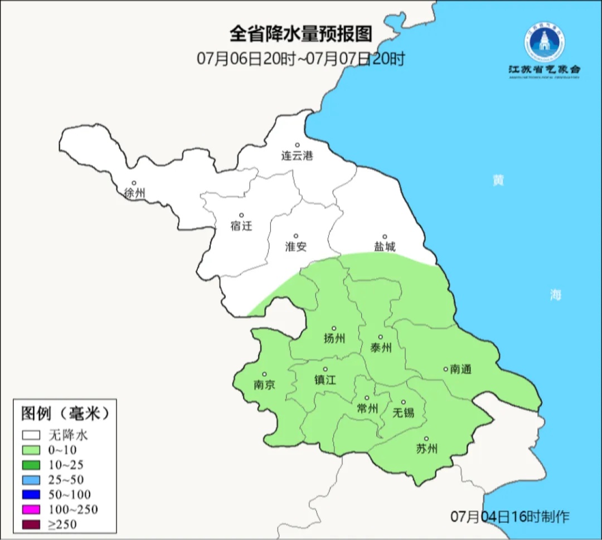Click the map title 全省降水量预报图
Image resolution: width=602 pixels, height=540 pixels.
tap(300, 34)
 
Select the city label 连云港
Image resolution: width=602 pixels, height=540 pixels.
tap(297, 156)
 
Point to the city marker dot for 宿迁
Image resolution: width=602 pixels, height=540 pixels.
tap(241, 215)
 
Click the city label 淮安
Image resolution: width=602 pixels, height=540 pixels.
tap(296, 247)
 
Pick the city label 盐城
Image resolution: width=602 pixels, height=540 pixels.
tap(384, 247)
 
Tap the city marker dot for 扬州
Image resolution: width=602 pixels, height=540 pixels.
tap(334, 328)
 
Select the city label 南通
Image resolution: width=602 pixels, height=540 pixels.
tap(461, 369)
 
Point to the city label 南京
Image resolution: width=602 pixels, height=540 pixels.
tap(264, 385)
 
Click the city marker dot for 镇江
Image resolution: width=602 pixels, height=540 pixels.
tap(326, 369)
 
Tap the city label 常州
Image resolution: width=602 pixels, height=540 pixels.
tap(367, 408)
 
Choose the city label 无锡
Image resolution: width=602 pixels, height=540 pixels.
tap(404, 412)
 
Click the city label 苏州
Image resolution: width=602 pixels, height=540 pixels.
tap(426, 449)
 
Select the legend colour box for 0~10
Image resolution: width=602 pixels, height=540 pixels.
tap(31, 450)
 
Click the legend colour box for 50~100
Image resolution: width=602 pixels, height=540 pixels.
tap(31, 494)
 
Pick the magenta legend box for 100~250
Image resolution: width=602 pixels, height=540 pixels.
tap(31, 509)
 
